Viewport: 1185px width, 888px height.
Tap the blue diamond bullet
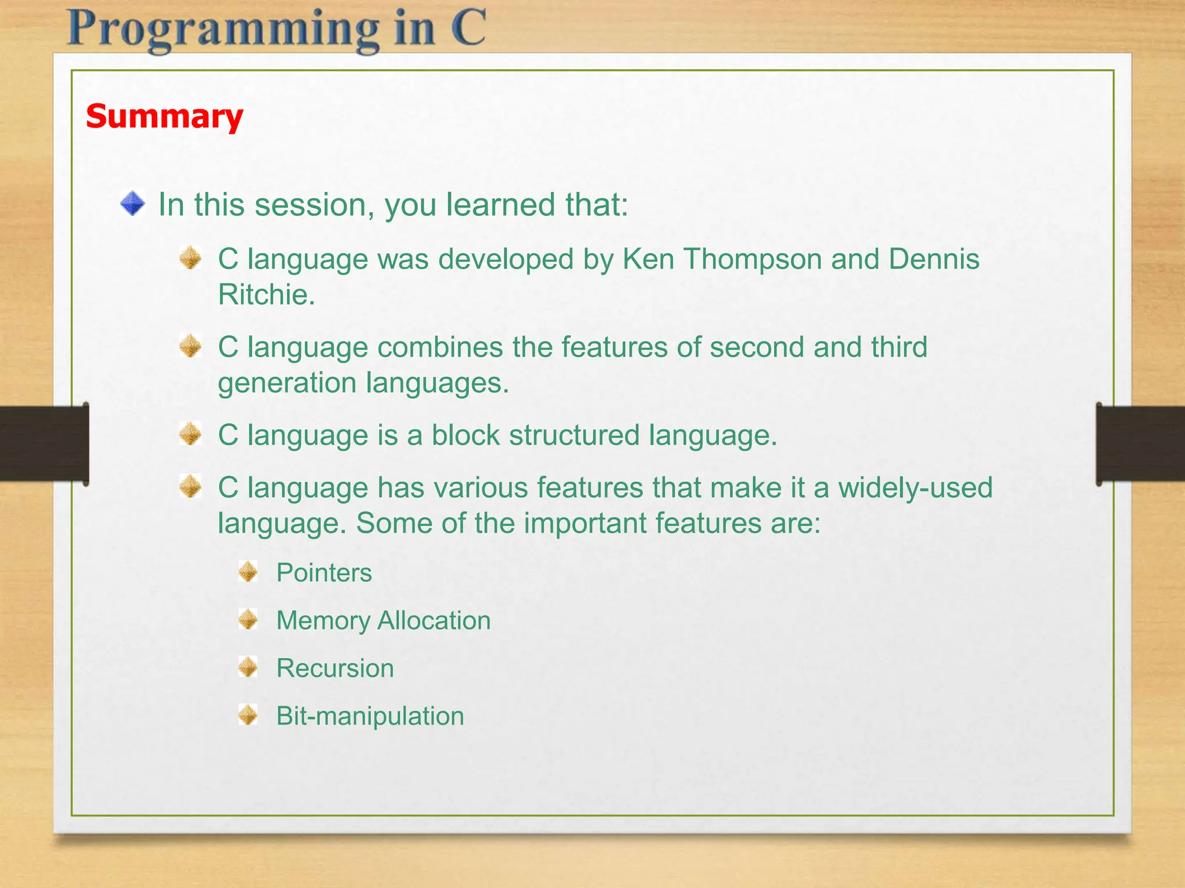(133, 204)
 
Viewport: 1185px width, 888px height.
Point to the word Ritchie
(266, 295)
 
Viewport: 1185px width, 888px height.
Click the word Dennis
(934, 258)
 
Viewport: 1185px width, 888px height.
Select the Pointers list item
(324, 573)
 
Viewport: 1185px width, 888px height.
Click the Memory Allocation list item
(383, 621)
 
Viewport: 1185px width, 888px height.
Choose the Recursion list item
(335, 669)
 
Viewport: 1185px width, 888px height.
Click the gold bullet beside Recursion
(248, 667)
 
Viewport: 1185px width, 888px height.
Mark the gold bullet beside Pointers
(248, 572)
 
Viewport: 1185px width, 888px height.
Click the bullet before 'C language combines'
(190, 346)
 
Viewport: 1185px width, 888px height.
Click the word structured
(574, 435)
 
